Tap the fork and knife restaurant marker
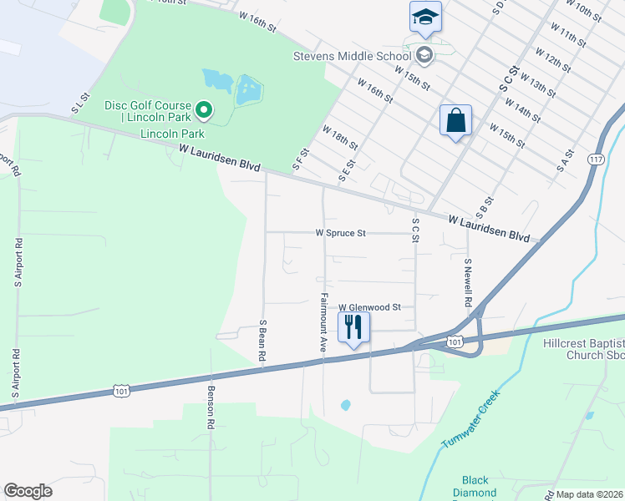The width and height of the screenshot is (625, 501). click(353, 326)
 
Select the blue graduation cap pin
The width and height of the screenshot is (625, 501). click(425, 18)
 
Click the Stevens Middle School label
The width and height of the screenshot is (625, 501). click(351, 56)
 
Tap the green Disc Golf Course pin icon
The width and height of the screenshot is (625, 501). click(203, 109)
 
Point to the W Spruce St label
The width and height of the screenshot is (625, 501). click(340, 233)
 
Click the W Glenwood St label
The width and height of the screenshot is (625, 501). click(369, 307)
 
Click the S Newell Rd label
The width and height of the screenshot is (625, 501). click(469, 281)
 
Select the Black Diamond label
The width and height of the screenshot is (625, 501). click(475, 486)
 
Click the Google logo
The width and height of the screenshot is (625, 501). click(28, 491)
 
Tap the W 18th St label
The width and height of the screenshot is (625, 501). click(339, 138)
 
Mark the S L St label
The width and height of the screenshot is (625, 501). click(79, 104)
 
